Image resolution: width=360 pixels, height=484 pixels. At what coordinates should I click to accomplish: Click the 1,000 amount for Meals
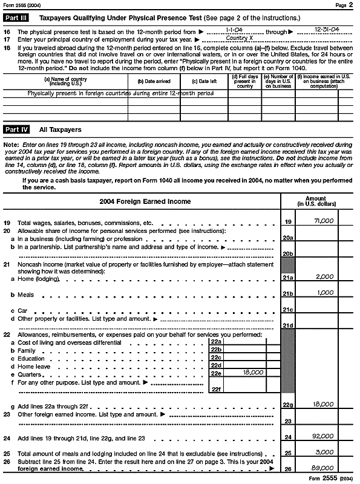(325, 293)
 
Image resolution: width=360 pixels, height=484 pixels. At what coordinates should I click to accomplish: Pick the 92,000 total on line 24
(324, 436)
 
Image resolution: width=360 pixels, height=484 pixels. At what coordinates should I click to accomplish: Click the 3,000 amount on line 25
(325, 451)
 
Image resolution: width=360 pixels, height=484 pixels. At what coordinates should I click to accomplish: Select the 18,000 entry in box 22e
(252, 373)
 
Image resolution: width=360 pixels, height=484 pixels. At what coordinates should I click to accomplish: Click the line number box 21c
(288, 310)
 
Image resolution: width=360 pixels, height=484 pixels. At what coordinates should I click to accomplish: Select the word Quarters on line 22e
(30, 374)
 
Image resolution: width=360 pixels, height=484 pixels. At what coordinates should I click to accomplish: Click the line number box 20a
(288, 238)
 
